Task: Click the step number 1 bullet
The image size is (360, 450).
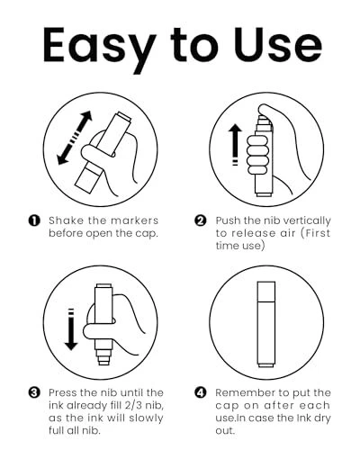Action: pos(34,220)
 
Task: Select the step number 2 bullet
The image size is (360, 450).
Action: pos(201,220)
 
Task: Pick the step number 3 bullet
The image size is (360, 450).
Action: pos(34,392)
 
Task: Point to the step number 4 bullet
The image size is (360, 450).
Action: pos(201,392)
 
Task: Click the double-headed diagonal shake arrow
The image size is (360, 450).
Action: pos(75,138)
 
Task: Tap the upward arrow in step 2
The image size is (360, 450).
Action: pos(235,144)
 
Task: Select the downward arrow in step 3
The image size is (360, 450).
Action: pos(71,329)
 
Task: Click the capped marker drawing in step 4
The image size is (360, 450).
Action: pos(266,324)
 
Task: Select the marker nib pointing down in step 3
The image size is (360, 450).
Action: pos(103,357)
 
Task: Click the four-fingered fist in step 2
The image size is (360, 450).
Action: pos(257,155)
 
